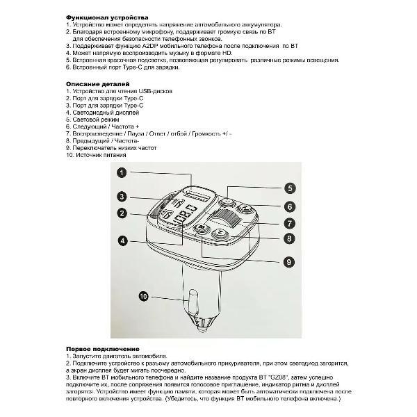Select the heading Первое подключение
point(102,348)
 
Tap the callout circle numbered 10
point(143,296)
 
